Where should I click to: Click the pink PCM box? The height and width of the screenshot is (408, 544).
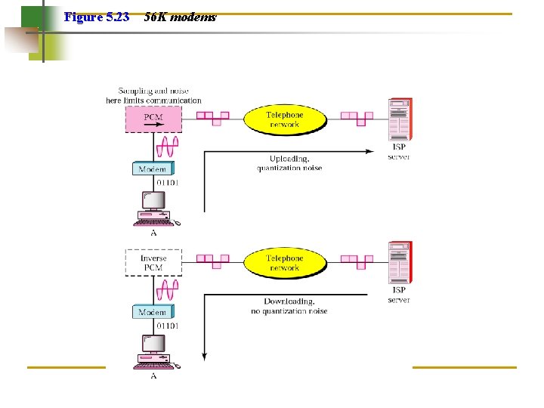153,119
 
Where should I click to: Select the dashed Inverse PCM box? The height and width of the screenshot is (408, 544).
153,263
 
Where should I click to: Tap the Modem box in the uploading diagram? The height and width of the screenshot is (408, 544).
153,169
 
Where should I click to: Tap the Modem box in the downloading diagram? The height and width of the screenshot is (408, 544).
153,311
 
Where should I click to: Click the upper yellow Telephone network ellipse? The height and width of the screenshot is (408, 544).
284,119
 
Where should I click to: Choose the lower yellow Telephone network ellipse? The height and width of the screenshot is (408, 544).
284,262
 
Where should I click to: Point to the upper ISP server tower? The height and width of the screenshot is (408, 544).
400,119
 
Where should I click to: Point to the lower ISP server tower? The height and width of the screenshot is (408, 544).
400,261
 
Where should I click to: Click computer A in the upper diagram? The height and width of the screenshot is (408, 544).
154,209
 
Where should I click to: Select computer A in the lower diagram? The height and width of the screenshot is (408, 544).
154,351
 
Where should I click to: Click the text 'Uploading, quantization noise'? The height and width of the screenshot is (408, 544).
289,163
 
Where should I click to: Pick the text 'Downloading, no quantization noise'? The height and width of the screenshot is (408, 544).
289,306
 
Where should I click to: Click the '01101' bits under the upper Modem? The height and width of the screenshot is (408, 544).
168,182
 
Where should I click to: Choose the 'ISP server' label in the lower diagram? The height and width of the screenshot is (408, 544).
399,295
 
